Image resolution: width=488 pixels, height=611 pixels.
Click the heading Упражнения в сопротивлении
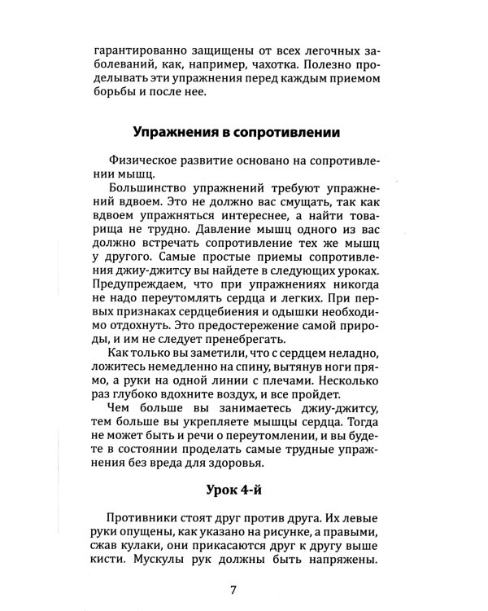(x=235, y=132)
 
